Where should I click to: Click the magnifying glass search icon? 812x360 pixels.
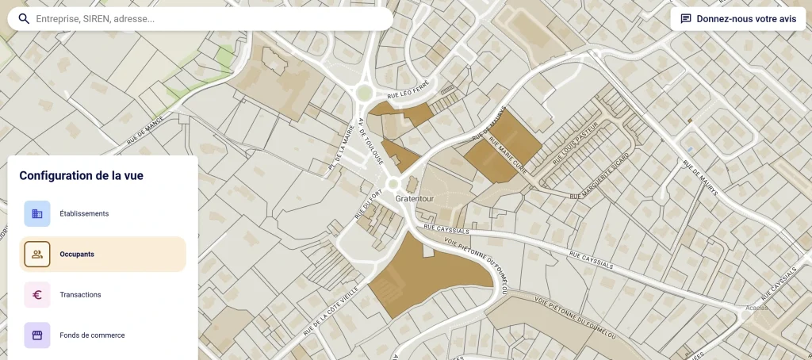pos(25,19)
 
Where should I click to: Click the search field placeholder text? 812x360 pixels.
pos(95,19)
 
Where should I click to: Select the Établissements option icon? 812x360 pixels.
pos(37,213)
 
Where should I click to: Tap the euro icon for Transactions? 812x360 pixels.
pos(37,295)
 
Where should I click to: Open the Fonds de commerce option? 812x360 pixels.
pos(92,335)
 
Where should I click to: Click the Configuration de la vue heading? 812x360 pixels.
pos(81,176)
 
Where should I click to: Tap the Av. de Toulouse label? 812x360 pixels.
pos(370,141)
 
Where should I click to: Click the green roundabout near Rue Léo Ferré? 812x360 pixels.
pos(364,94)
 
